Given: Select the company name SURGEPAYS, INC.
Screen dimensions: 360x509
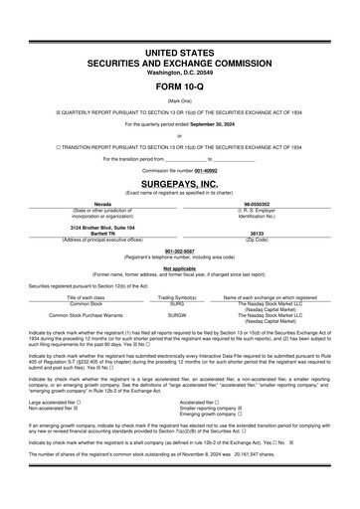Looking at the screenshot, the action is coord(179,184).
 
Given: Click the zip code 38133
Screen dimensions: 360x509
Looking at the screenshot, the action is coord(264,234).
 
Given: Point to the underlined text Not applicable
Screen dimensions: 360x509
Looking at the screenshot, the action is coord(179,267).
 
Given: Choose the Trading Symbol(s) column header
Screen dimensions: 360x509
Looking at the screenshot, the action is coord(177,297).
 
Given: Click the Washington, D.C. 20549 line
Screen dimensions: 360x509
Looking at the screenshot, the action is coord(179,73).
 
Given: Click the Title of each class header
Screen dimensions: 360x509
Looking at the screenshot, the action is coord(92,297).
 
